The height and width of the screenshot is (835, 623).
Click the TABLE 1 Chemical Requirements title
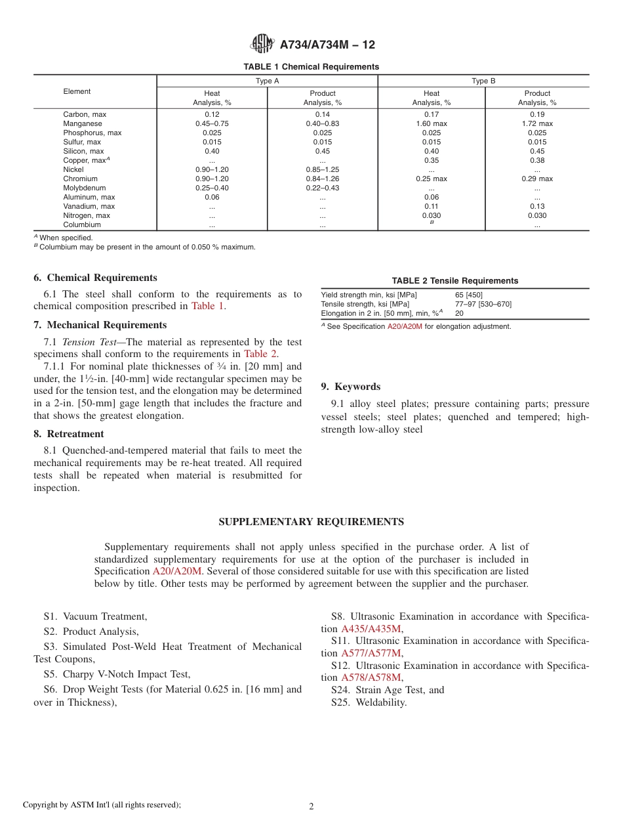(x=311, y=67)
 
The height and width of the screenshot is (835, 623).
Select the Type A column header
(x=267, y=81)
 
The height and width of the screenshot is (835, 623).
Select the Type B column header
(x=483, y=81)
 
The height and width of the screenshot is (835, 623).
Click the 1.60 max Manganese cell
(x=431, y=123)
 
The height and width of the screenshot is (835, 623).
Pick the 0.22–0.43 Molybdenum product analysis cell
(x=322, y=188)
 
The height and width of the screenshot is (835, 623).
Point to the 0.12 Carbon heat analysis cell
(x=212, y=114)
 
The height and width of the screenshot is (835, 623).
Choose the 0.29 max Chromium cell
(x=537, y=179)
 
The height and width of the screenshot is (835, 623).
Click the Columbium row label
(x=82, y=225)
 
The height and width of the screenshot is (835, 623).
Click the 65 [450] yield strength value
(x=468, y=295)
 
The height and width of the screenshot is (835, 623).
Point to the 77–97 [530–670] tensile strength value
(x=483, y=304)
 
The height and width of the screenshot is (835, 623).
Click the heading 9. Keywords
(x=350, y=387)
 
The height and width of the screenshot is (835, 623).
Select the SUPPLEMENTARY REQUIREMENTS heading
(x=311, y=522)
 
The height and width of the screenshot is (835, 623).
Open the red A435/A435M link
(x=371, y=629)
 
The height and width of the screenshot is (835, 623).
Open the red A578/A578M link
(x=371, y=677)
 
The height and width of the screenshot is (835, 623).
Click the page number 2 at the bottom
(x=311, y=807)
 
